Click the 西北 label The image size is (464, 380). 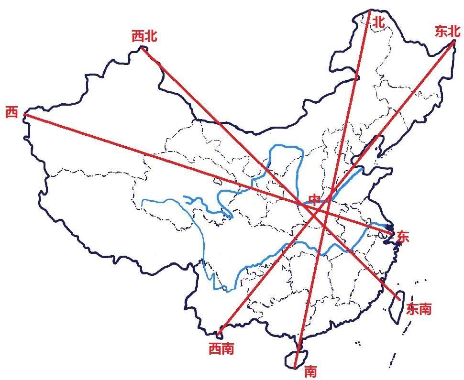(x=144, y=36)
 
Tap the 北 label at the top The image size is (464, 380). (x=379, y=22)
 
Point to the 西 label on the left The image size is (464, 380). (x=11, y=113)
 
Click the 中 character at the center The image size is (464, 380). (x=314, y=199)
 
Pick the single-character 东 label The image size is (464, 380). (x=403, y=236)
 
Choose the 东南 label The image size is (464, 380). (x=419, y=309)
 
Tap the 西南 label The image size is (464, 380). (x=221, y=349)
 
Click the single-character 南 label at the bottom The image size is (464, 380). (x=310, y=370)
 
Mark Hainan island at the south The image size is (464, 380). (x=293, y=359)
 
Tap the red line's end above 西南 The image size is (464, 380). (x=219, y=333)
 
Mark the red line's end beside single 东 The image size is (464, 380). (x=393, y=233)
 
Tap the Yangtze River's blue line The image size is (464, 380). (x=268, y=258)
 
